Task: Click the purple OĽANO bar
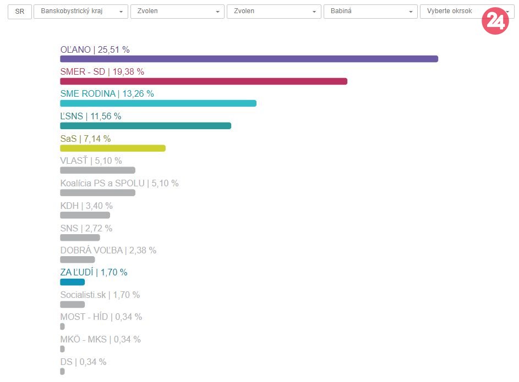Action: pos(249,59)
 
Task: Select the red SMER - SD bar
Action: pos(204,81)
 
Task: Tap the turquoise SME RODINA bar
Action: pos(158,103)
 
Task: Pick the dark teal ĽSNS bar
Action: pos(145,126)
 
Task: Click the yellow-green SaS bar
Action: pos(112,148)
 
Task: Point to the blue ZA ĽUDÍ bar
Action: pos(72,282)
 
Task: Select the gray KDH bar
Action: pos(85,215)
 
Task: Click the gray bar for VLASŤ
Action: pos(97,170)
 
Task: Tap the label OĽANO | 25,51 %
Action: pos(95,49)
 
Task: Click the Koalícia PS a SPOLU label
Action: pos(119,183)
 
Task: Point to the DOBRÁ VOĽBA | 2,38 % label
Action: pos(108,250)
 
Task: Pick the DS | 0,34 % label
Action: pos(83,362)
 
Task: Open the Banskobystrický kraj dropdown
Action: pos(80,12)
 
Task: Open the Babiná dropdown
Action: pos(370,12)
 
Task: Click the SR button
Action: pos(20,12)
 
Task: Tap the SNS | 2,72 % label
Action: pos(86,228)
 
